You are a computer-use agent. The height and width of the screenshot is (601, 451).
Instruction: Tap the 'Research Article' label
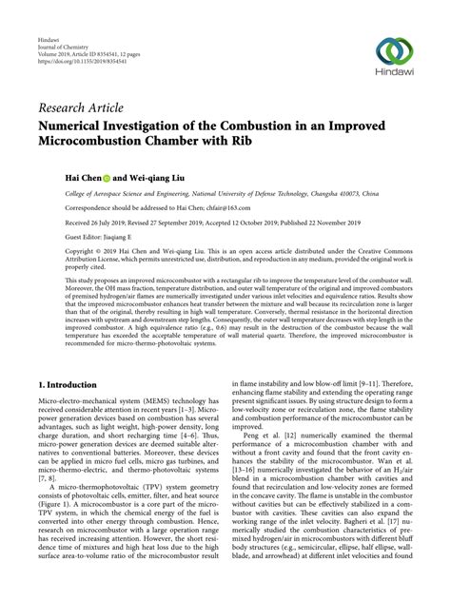pos(81,106)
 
